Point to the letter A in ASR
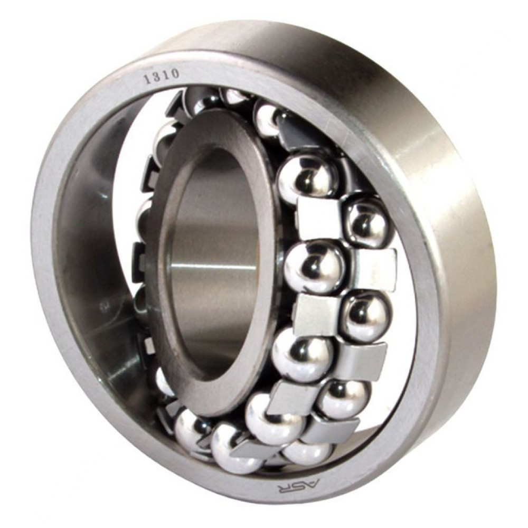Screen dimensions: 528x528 tap(310, 484)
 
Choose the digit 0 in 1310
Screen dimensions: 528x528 tap(176, 73)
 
